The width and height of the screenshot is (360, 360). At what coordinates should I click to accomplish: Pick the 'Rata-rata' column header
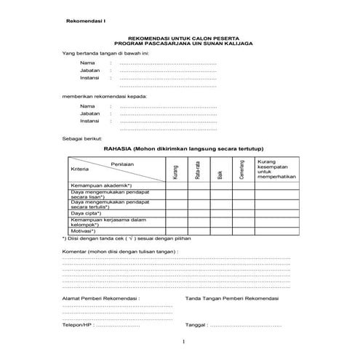click(x=198, y=172)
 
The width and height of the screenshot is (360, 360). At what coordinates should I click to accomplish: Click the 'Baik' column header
click(x=220, y=173)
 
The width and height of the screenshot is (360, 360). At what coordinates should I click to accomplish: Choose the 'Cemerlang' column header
click(x=241, y=170)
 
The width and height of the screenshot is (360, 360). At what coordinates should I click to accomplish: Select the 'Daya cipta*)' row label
click(x=87, y=213)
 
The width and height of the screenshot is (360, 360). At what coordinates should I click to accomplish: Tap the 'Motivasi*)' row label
click(x=85, y=231)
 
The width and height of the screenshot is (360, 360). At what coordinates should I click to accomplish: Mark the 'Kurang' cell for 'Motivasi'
click(x=176, y=231)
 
